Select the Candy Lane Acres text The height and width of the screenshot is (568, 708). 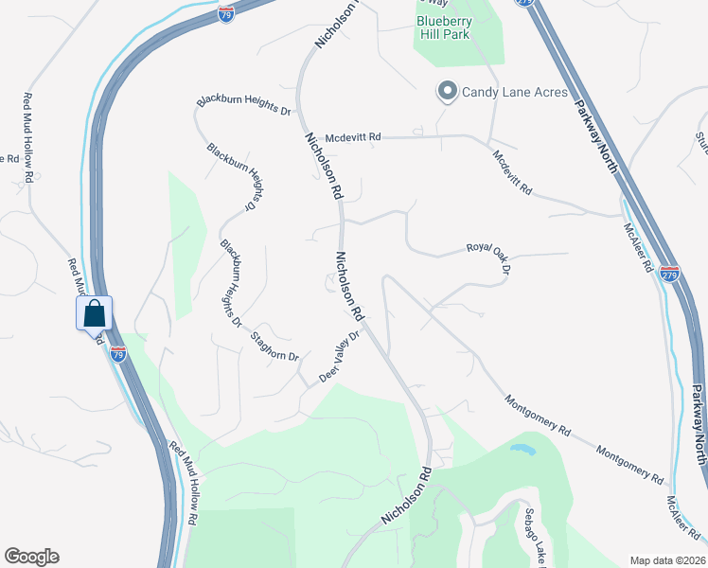[x=514, y=92]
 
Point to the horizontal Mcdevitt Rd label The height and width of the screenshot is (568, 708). [x=352, y=137]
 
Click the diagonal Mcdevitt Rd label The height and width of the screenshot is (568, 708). [x=513, y=171]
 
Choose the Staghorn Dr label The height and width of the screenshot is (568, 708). [x=274, y=346]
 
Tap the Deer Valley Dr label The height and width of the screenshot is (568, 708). [x=341, y=356]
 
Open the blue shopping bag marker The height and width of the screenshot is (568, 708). [x=95, y=313]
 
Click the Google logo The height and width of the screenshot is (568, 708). [x=31, y=557]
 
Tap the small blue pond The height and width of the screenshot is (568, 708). [x=522, y=448]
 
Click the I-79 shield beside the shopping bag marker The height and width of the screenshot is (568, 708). [x=118, y=353]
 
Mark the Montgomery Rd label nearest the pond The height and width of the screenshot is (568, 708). [x=537, y=415]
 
